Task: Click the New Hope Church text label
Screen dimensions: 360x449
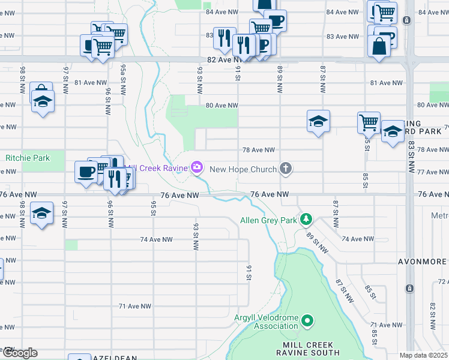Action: (243, 169)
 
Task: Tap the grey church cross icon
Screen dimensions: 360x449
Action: (286, 169)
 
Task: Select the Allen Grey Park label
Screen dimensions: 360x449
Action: (269, 220)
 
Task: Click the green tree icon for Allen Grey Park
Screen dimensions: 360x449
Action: (307, 220)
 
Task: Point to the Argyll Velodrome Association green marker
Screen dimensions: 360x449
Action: (308, 321)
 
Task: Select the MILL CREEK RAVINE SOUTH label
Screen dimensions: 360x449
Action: (312, 349)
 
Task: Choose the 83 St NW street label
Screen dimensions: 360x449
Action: (412, 158)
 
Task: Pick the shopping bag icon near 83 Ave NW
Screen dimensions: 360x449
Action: (379, 46)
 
